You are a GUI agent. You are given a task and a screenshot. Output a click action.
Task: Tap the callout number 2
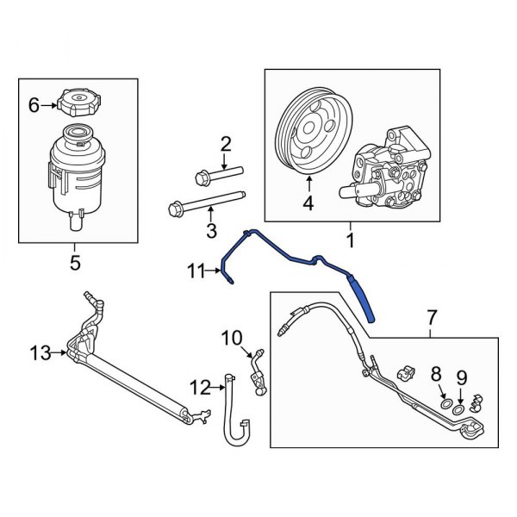point(227,143)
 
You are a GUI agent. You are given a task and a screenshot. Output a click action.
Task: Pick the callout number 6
point(34,105)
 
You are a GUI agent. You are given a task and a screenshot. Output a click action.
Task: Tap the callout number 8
point(436,374)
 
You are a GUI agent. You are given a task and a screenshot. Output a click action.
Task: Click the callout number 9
point(461,376)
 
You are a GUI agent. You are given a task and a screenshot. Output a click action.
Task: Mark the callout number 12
point(200,389)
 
